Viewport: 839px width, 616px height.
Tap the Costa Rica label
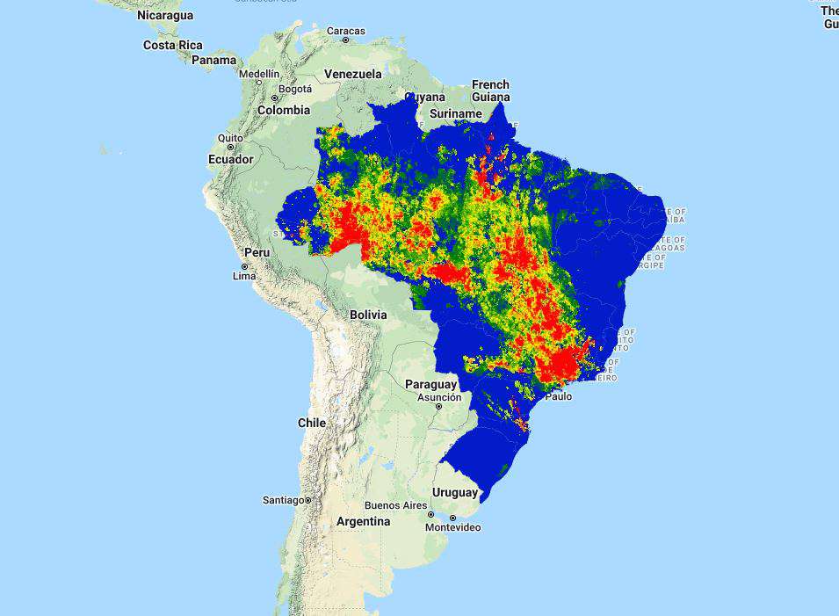(x=172, y=45)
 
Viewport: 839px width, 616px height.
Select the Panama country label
(x=213, y=60)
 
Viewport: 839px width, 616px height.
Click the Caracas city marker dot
(x=345, y=40)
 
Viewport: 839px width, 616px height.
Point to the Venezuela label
(x=352, y=74)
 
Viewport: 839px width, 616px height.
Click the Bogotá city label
(x=294, y=89)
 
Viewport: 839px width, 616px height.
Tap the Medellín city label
(x=259, y=74)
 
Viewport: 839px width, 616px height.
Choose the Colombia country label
(x=283, y=110)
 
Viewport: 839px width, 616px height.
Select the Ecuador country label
(x=231, y=159)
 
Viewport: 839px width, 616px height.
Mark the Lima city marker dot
(x=245, y=266)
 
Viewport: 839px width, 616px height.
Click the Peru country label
(x=257, y=252)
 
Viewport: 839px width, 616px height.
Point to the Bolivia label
(x=367, y=314)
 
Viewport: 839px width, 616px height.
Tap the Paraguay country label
(x=430, y=384)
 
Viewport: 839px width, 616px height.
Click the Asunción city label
(x=438, y=397)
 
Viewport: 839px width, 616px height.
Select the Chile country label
(x=311, y=423)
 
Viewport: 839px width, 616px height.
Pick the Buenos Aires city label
(x=395, y=505)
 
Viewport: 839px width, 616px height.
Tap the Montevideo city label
(x=452, y=527)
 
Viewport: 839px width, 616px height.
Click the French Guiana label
(x=490, y=91)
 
